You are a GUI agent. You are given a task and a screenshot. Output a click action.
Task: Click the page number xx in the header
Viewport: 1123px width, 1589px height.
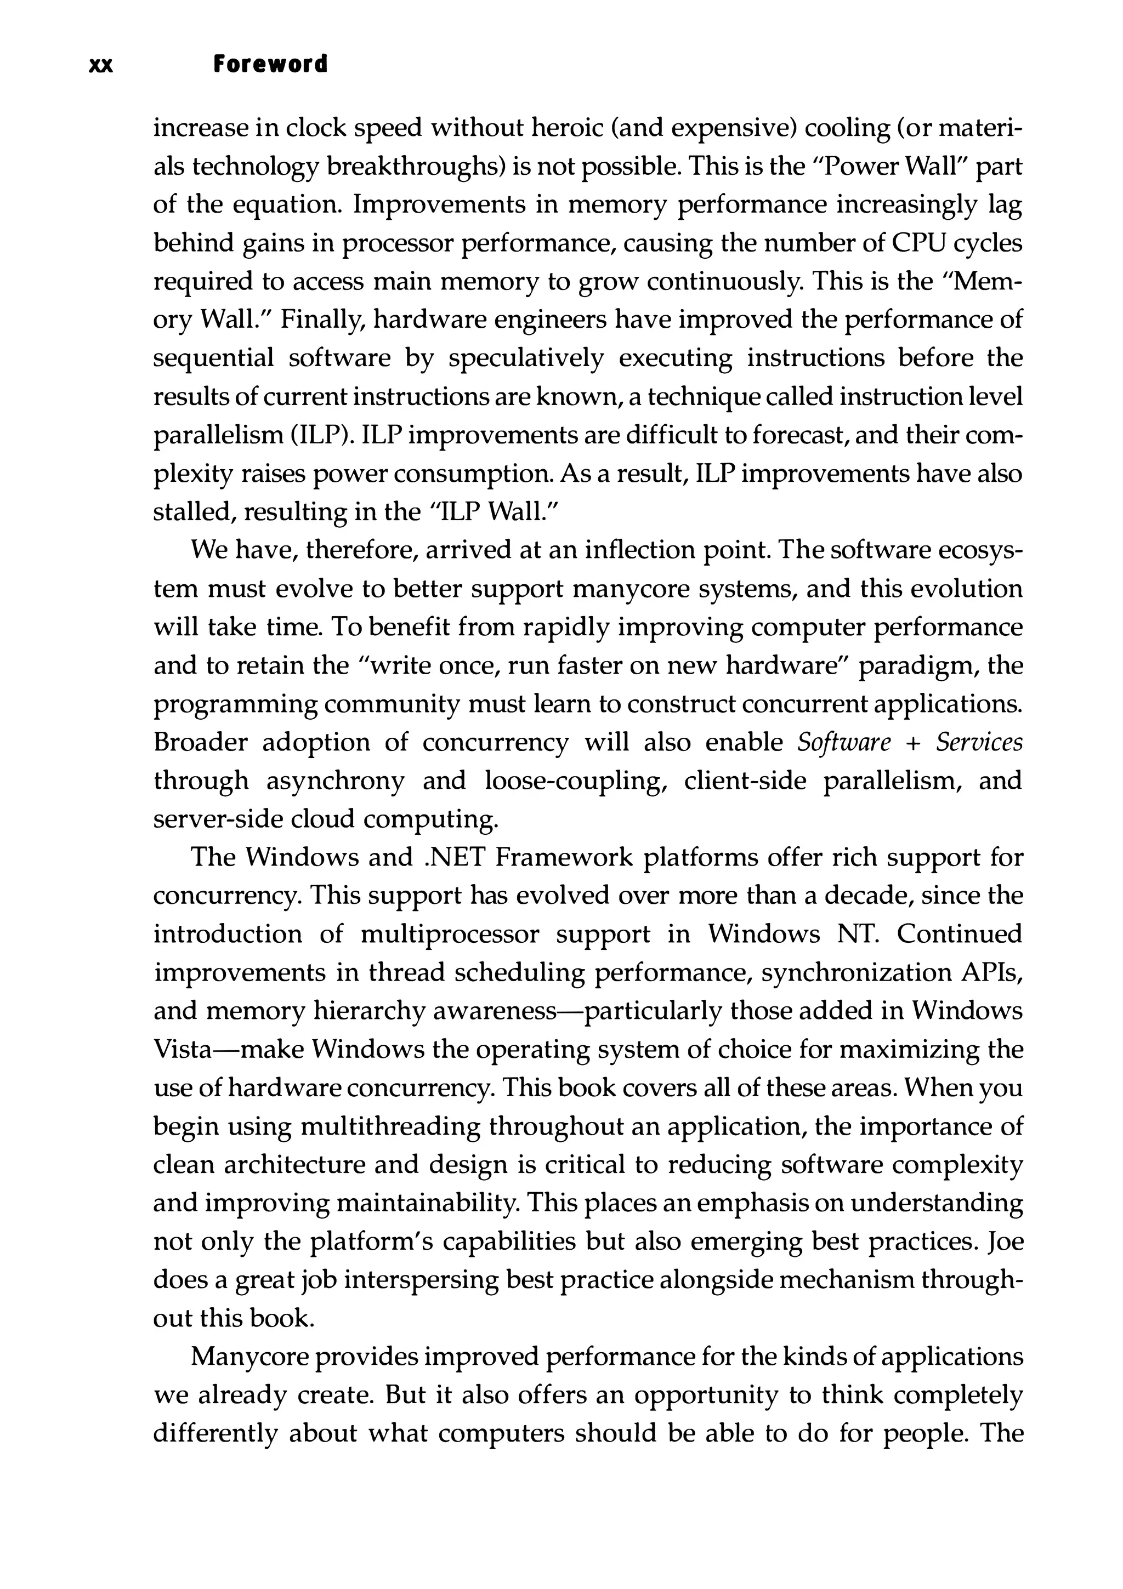(x=101, y=65)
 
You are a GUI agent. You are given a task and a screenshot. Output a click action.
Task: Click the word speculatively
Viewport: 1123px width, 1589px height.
(x=525, y=358)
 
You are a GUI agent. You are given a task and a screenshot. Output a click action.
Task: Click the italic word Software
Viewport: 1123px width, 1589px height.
(x=844, y=742)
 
